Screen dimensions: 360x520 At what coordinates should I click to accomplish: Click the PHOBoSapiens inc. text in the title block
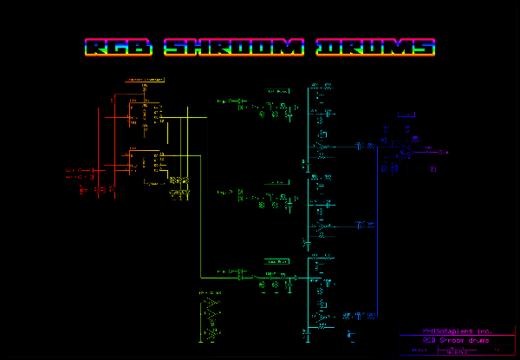(455, 331)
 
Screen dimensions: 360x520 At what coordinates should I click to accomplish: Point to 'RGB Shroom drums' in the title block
(455, 340)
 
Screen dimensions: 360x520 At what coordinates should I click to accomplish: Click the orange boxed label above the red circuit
(145, 80)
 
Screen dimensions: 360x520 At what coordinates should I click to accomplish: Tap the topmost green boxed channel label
(278, 89)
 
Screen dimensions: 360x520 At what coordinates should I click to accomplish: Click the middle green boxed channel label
(277, 182)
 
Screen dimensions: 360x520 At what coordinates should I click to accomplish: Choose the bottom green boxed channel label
(277, 260)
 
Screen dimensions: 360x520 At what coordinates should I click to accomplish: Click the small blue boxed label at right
(405, 114)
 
